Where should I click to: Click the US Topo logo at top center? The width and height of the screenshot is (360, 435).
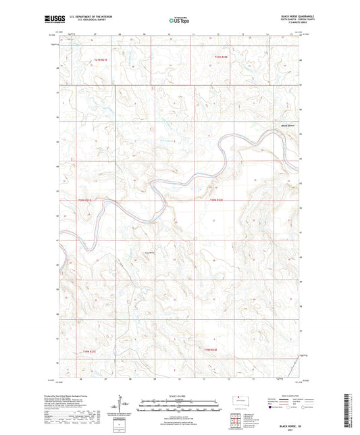tap(180, 20)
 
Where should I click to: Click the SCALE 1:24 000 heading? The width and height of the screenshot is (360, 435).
tap(179, 394)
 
